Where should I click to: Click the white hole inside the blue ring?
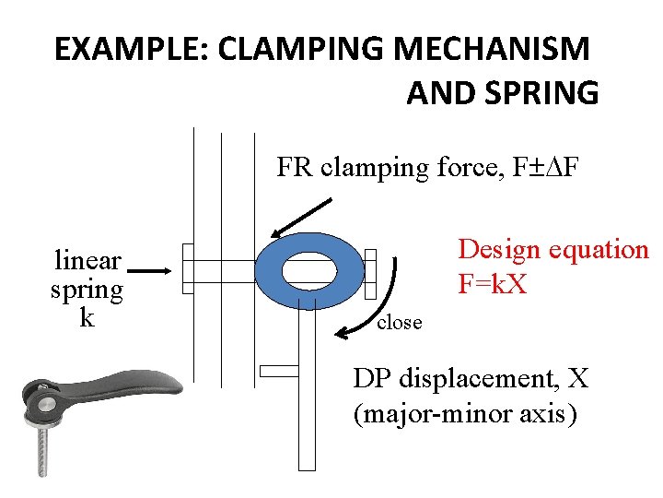coord(308,271)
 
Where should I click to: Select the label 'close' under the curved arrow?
coord(400,323)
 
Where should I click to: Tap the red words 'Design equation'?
coord(552,249)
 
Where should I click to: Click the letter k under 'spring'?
coord(87,318)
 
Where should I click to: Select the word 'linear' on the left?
coord(87,260)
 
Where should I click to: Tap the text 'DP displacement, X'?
coord(471,378)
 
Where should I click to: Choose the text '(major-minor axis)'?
coord(466,414)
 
